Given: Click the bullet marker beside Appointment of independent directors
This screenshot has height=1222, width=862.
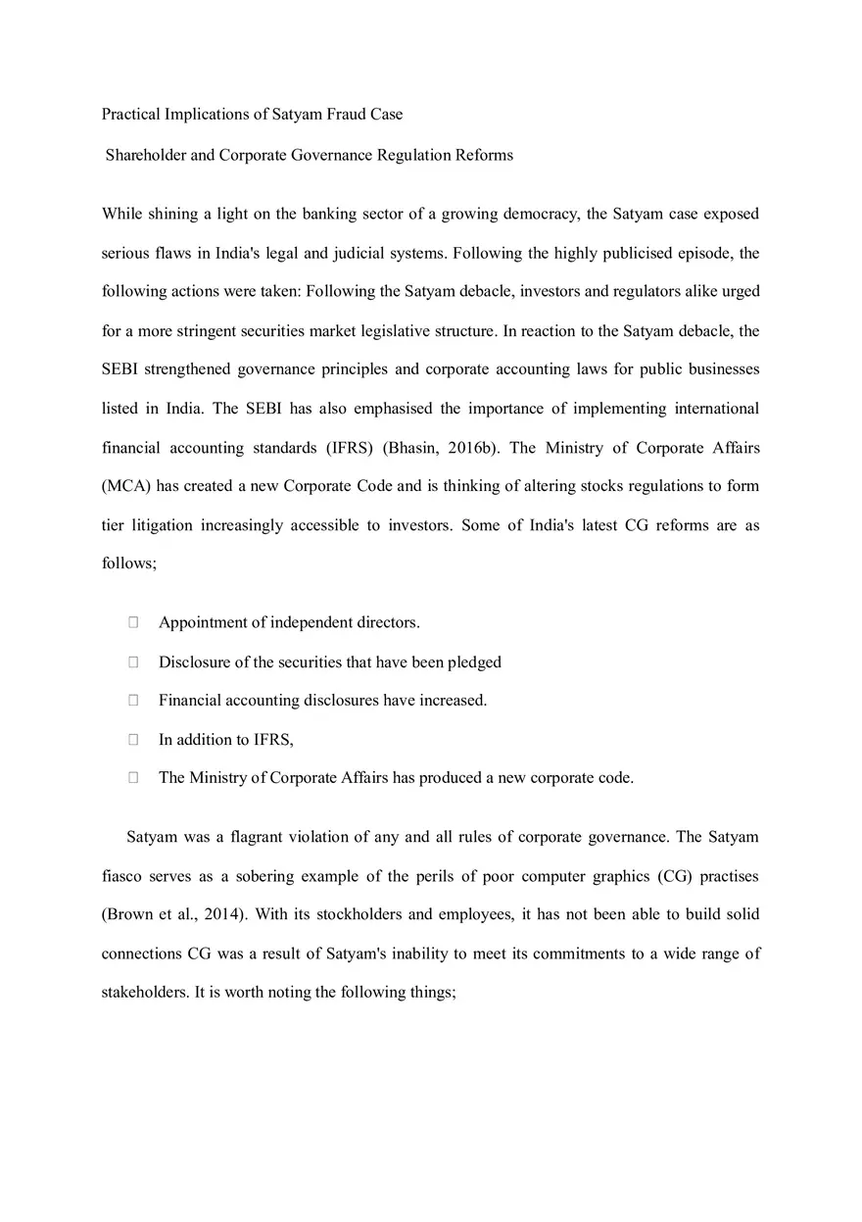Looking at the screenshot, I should (x=133, y=622).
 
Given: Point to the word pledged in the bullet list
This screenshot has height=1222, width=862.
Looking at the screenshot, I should (x=474, y=662).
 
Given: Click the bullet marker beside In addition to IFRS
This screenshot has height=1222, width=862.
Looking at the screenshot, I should (x=133, y=740).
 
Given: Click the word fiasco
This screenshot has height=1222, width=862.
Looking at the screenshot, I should (x=121, y=876).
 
